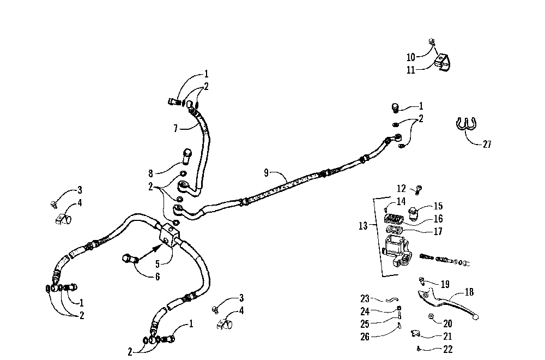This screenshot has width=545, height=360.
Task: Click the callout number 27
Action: tap(487, 144)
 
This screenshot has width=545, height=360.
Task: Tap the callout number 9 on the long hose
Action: tap(266, 173)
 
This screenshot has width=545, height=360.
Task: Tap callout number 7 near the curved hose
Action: tap(175, 129)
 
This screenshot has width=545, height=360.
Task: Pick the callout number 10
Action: tap(410, 57)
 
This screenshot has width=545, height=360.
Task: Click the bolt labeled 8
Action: tap(186, 157)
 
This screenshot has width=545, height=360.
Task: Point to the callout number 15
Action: tap(438, 206)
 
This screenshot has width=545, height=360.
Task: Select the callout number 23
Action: tap(365, 298)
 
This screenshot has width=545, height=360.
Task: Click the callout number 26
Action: tap(365, 337)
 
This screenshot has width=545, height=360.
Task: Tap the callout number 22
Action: tap(448, 350)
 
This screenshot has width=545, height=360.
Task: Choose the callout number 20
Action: tap(448, 323)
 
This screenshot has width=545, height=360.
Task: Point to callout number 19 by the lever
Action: tap(445, 284)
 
